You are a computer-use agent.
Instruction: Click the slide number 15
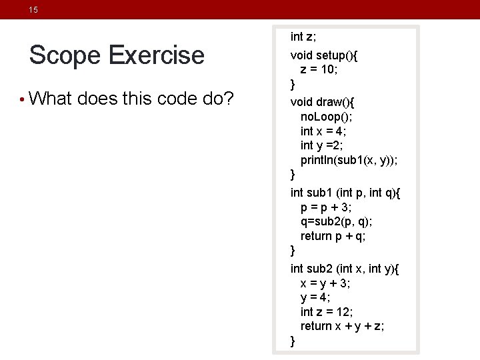click(33, 10)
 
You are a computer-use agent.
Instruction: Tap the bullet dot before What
click(23, 101)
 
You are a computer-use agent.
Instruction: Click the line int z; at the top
click(305, 36)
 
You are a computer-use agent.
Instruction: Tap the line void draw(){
click(323, 101)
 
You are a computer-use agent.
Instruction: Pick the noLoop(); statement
click(326, 116)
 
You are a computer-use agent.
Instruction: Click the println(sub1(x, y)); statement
click(350, 160)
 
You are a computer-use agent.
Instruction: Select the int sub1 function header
click(345, 193)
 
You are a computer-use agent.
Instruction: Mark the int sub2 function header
click(345, 269)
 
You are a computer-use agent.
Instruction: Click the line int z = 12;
click(327, 311)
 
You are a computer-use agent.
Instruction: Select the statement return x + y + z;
click(342, 326)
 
